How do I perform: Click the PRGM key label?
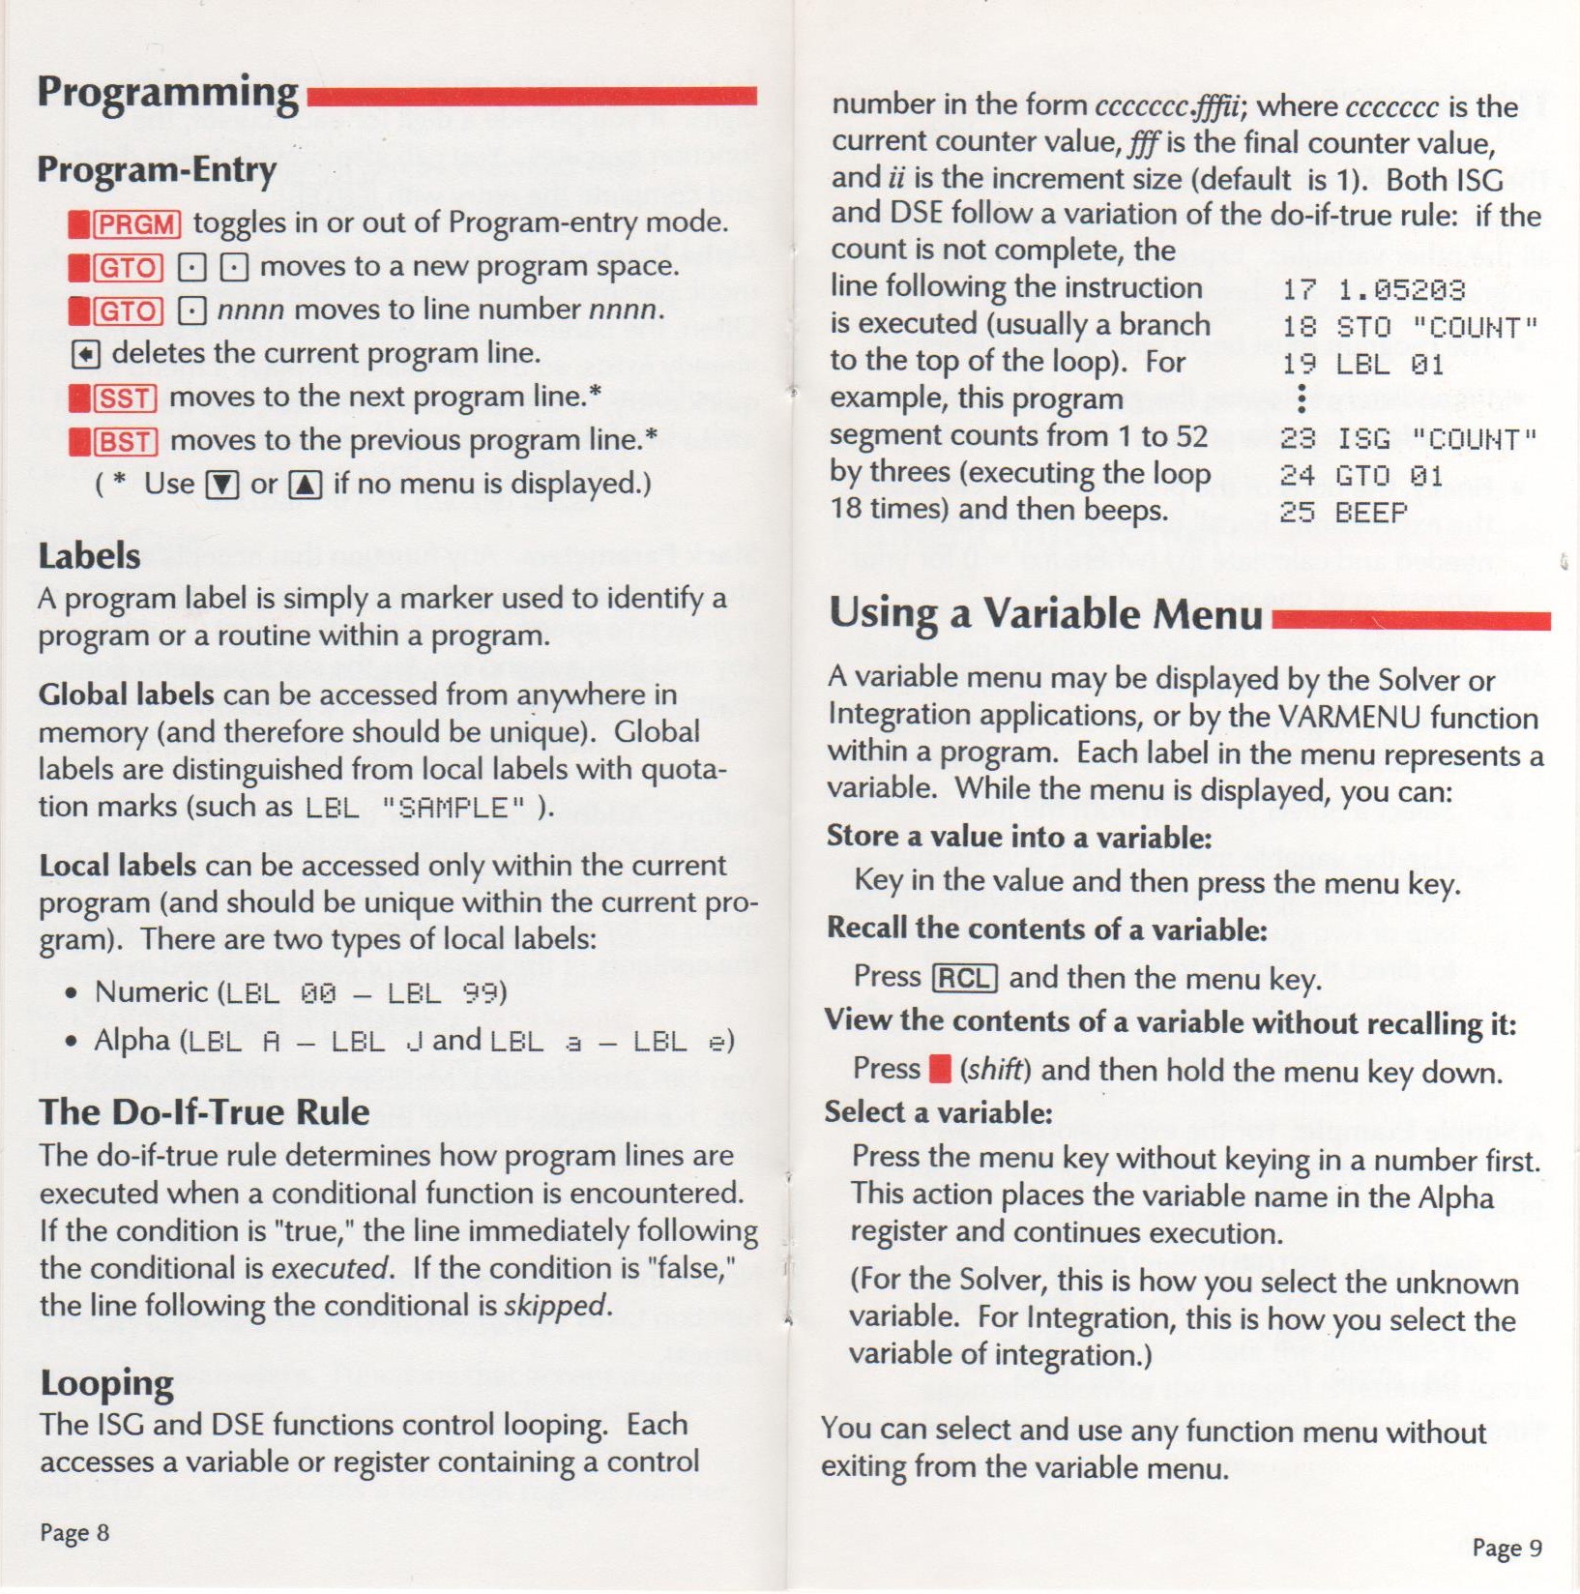pyautogui.click(x=136, y=224)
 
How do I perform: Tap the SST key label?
pyautogui.click(x=125, y=398)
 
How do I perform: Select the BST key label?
pyautogui.click(x=125, y=442)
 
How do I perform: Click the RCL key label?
pyautogui.click(x=964, y=978)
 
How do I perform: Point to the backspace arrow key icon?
pyautogui.click(x=85, y=355)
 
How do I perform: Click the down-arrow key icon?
pyautogui.click(x=222, y=484)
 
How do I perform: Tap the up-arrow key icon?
pyautogui.click(x=306, y=484)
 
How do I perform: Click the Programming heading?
pyautogui.click(x=167, y=94)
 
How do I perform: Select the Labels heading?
pyautogui.click(x=89, y=556)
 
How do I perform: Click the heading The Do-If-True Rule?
pyautogui.click(x=204, y=1112)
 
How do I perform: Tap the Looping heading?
pyautogui.click(x=106, y=1384)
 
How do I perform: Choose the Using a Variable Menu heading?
pyautogui.click(x=1045, y=614)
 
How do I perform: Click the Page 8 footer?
pyautogui.click(x=74, y=1532)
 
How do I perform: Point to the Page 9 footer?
pyautogui.click(x=1507, y=1548)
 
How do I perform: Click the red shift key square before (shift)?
pyautogui.click(x=939, y=1068)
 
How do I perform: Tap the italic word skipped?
pyautogui.click(x=556, y=1306)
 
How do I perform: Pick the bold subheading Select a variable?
pyautogui.click(x=938, y=1112)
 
